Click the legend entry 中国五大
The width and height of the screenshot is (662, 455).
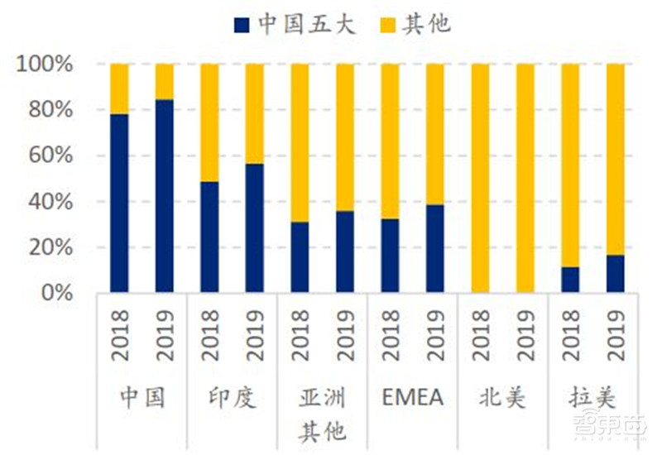295,24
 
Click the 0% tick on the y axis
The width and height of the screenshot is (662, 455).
57,294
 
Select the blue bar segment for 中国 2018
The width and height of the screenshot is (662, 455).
120,203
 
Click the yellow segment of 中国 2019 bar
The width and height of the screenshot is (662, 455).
165,81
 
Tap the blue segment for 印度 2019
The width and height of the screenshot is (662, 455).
255,227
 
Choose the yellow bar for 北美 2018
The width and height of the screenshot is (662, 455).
480,178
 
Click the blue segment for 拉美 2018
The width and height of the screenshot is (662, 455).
570,280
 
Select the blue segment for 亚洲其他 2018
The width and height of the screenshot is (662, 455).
300,257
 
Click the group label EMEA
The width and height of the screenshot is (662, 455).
413,398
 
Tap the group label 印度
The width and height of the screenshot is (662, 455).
233,398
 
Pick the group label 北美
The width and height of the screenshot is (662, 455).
502,398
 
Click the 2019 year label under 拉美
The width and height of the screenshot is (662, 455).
615,335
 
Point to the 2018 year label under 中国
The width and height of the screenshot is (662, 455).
120,335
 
